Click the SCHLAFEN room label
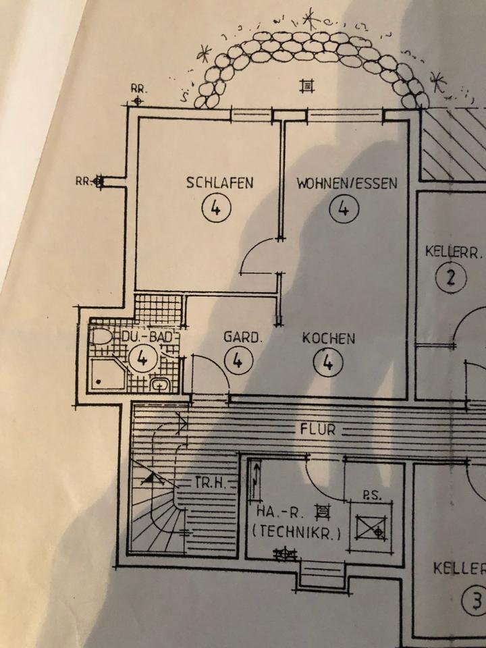coord(220,183)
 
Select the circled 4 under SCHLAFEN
coord(215,209)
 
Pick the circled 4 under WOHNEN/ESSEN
coord(343,209)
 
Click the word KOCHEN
coord(328,338)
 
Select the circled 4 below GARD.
coord(238,362)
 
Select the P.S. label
coord(372,495)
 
